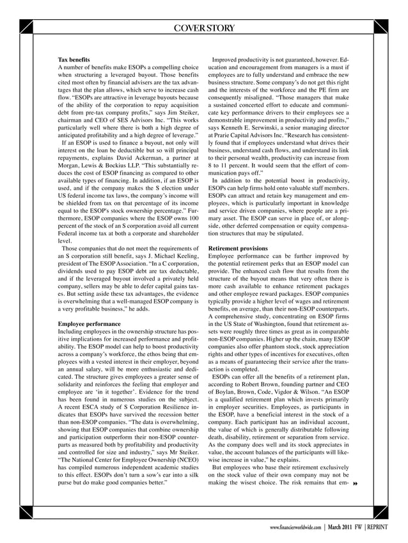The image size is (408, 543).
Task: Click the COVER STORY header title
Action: [x=203, y=27]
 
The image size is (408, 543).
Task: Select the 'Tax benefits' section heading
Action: [x=74, y=59]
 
